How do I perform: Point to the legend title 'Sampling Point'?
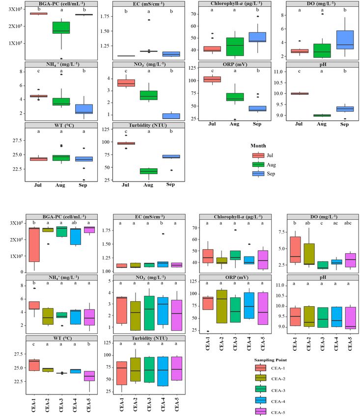tap(272, 359)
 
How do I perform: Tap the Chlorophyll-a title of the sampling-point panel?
tap(230, 217)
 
